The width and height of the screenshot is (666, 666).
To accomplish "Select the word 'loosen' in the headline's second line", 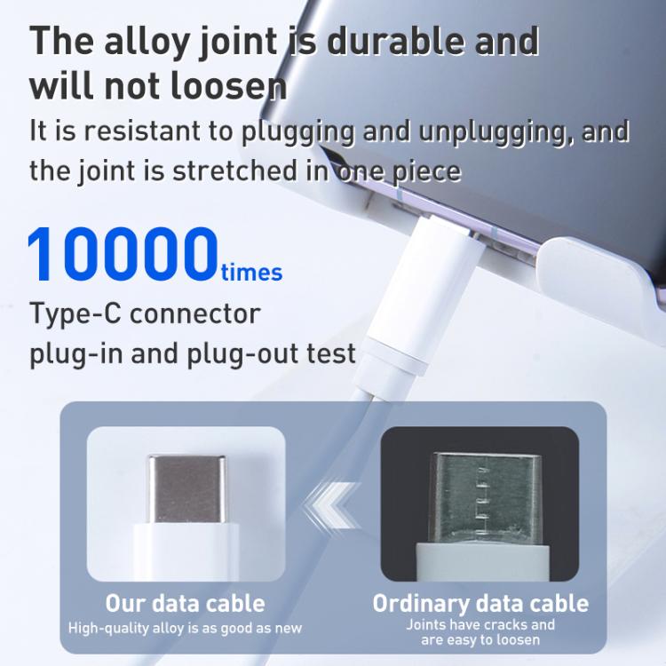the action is pyautogui.click(x=228, y=86).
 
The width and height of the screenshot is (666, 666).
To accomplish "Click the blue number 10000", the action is pyautogui.click(x=123, y=254).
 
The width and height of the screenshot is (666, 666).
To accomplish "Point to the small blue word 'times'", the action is pyautogui.click(x=251, y=273).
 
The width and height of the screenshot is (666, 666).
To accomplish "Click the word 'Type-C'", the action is pyautogui.click(x=75, y=313).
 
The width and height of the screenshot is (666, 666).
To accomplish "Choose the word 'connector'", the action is pyautogui.click(x=195, y=313).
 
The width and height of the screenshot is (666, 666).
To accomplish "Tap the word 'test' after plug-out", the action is pyautogui.click(x=332, y=353).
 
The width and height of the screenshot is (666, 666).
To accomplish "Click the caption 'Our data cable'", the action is pyautogui.click(x=186, y=603).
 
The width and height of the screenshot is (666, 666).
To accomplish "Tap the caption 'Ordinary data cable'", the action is pyautogui.click(x=480, y=603).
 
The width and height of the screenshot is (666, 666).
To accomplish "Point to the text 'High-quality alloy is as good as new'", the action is pyautogui.click(x=186, y=628).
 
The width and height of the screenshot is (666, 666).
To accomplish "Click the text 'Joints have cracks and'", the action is pyautogui.click(x=480, y=624).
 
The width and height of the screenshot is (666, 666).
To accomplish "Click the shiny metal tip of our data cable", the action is pyautogui.click(x=186, y=489).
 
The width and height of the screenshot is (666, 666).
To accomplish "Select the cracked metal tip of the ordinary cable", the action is pyautogui.click(x=486, y=498).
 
